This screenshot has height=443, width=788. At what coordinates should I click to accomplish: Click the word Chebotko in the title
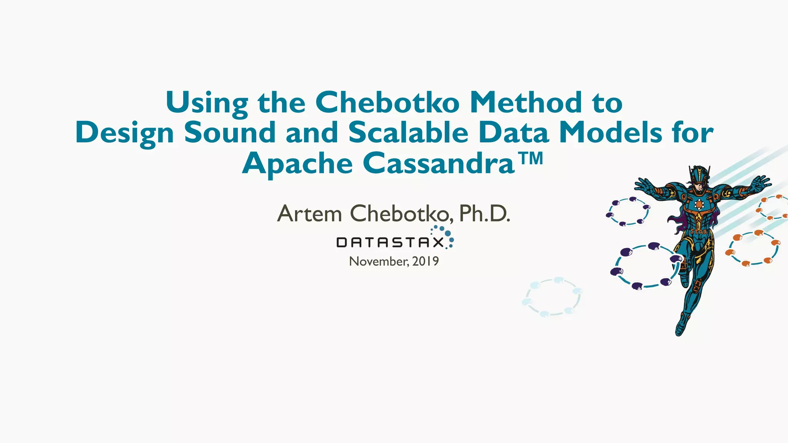pyautogui.click(x=387, y=103)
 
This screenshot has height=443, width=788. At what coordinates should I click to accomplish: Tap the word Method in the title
pyautogui.click(x=526, y=103)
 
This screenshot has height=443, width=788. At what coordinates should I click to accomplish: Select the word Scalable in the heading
pyautogui.click(x=408, y=133)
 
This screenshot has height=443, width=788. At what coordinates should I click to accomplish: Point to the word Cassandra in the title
pyautogui.click(x=439, y=163)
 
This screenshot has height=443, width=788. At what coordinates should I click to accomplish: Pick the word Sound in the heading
pyautogui.click(x=230, y=133)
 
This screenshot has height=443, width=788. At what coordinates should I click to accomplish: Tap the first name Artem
pyautogui.click(x=309, y=214)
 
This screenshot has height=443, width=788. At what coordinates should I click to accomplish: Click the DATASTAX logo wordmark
pyautogui.click(x=390, y=243)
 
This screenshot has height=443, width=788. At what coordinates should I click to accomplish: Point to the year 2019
pyautogui.click(x=426, y=261)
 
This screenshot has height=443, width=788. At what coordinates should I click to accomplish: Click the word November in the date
pyautogui.click(x=379, y=261)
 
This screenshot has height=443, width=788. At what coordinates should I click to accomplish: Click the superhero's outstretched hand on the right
pyautogui.click(x=760, y=182)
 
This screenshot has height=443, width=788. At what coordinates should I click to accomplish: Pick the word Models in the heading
pyautogui.click(x=611, y=133)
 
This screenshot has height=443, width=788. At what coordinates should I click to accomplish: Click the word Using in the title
pyautogui.click(x=207, y=103)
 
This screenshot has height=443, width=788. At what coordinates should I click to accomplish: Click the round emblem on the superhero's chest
pyautogui.click(x=699, y=204)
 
